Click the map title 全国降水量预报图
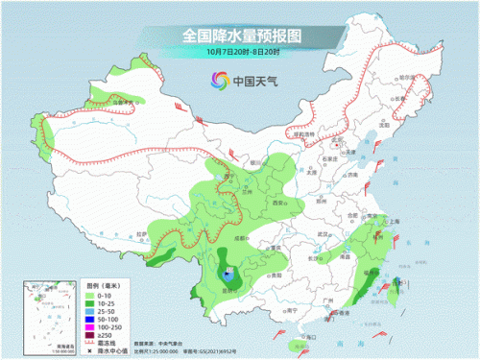coord(239,36)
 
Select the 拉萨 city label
coord(139,233)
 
